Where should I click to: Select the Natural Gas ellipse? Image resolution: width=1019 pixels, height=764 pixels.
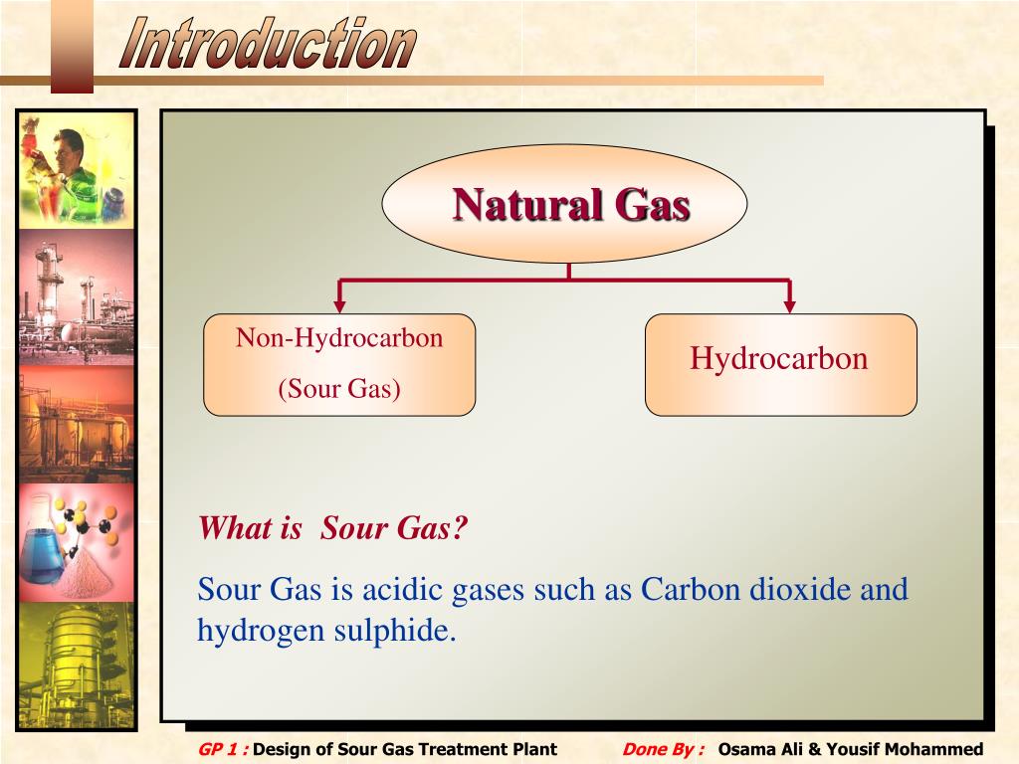tap(564, 204)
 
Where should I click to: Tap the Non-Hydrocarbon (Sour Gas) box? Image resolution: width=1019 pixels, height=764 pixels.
tap(339, 364)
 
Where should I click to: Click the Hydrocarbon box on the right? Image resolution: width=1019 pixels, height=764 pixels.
tap(780, 364)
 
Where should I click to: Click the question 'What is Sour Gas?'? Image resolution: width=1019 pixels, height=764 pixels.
tap(332, 527)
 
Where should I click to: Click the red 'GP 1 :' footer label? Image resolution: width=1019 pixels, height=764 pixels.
tap(223, 749)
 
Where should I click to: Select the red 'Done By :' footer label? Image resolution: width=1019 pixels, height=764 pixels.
tap(663, 749)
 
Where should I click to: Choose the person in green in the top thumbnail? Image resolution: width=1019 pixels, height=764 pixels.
tap(74, 169)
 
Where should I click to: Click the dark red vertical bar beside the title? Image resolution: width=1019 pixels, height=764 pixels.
tap(72, 45)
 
